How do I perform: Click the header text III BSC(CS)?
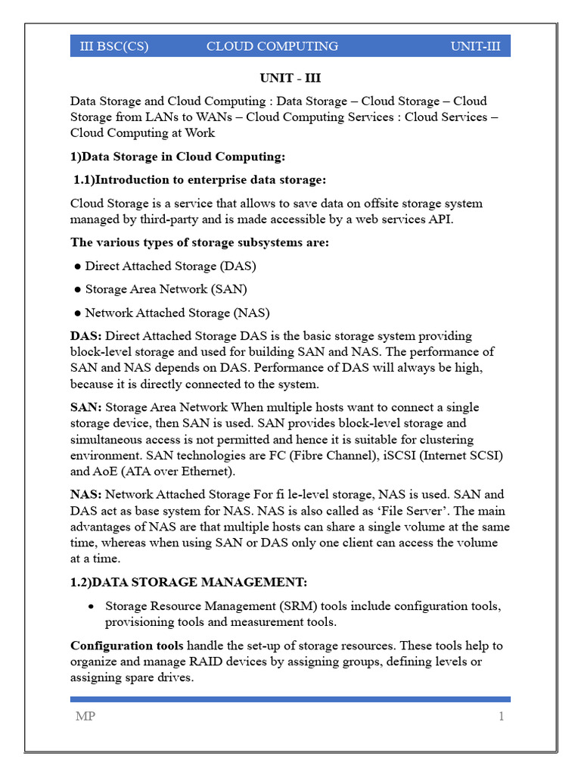pos(114,46)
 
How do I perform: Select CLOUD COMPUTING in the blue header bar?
pos(272,46)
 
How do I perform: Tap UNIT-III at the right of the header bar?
pos(475,46)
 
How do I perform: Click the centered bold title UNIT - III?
pos(290,78)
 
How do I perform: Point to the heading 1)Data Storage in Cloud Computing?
pos(178,157)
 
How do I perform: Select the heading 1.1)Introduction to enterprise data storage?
pos(200,180)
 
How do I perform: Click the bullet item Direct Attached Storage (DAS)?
pos(170,266)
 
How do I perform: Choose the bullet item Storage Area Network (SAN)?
pos(166,289)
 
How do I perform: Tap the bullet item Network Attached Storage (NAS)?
pos(177,313)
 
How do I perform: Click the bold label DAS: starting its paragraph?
pos(86,336)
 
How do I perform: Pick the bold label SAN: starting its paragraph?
pos(85,407)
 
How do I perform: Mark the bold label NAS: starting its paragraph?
pos(86,495)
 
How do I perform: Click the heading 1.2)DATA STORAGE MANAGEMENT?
pos(189,582)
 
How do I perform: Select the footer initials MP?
pos(85,717)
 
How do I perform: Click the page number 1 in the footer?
pos(501,717)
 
